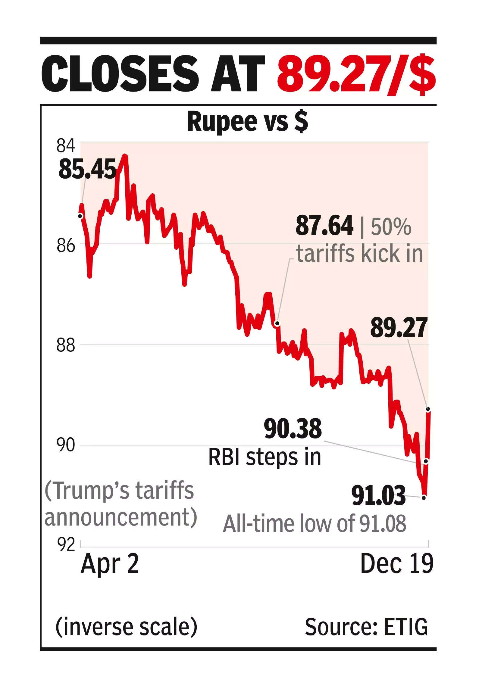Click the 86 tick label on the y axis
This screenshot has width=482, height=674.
[x=65, y=246]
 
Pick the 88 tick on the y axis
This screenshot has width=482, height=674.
[x=65, y=345]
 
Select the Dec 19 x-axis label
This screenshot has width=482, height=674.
[x=397, y=563]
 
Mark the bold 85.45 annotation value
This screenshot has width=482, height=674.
[x=87, y=169]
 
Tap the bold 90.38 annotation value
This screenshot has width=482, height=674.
[x=293, y=429]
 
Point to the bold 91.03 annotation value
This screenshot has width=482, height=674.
[x=378, y=496]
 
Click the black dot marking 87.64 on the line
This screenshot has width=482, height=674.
[x=277, y=323]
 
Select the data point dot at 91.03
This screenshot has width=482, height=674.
[x=424, y=498]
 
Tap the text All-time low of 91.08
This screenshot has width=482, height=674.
[x=314, y=524]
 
